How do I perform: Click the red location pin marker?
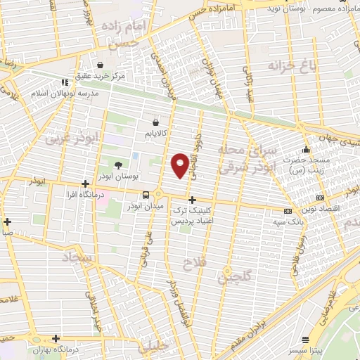[180, 165]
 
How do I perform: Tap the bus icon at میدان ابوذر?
[146, 195]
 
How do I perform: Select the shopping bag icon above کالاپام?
[155, 121]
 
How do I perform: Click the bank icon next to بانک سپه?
[287, 211]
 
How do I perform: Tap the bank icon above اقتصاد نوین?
[321, 198]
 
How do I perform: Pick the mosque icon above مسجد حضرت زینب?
[305, 150]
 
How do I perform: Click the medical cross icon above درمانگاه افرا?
[85, 184]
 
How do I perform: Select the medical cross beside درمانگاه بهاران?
[56, 338]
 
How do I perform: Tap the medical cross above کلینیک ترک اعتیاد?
[192, 200]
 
